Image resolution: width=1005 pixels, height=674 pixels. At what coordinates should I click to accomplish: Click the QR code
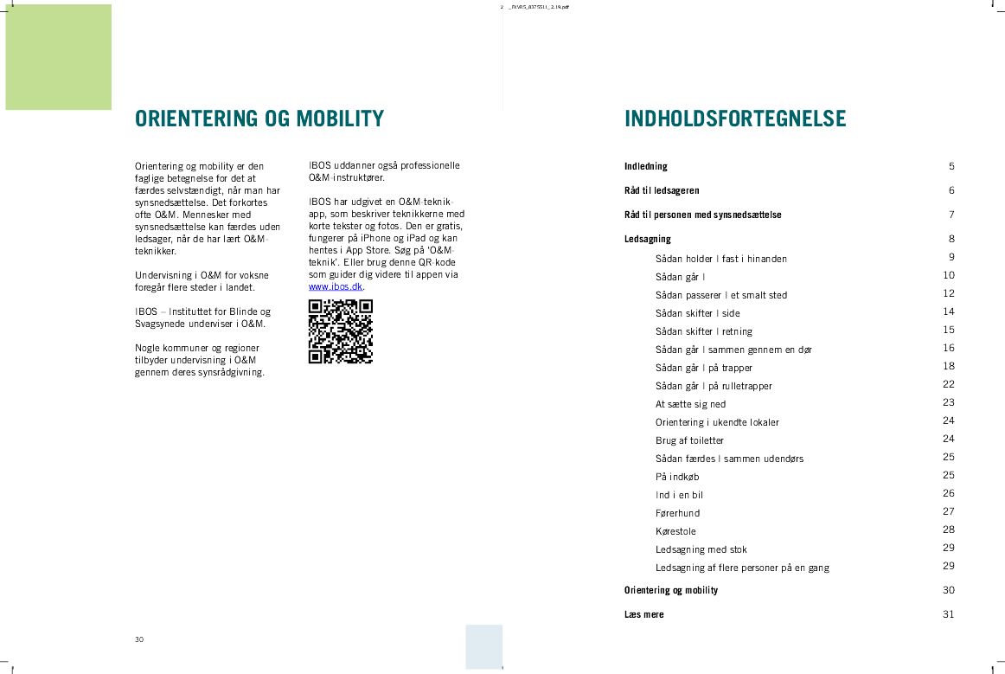[340, 331]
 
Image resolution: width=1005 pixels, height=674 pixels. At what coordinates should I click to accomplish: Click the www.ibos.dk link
[336, 286]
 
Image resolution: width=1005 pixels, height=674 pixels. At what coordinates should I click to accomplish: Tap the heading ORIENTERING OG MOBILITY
[259, 119]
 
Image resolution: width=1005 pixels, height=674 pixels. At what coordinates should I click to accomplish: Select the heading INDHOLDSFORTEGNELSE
[735, 119]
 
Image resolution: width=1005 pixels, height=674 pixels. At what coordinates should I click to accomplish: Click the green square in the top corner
[59, 57]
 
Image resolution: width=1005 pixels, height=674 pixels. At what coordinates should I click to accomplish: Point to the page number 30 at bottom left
[139, 639]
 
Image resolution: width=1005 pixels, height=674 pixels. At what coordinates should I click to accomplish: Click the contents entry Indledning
[646, 166]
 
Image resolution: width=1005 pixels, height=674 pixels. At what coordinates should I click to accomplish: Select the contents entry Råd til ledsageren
[662, 190]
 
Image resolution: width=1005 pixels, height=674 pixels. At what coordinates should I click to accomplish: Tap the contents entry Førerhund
[677, 513]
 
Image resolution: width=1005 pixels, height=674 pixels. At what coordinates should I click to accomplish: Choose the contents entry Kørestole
[675, 531]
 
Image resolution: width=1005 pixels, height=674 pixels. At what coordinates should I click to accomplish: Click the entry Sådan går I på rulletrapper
[714, 386]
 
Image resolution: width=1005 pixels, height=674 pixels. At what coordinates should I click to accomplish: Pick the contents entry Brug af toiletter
[689, 440]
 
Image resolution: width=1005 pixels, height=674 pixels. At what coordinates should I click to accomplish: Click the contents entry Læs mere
[644, 614]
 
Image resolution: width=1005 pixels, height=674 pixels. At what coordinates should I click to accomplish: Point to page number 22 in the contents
[949, 384]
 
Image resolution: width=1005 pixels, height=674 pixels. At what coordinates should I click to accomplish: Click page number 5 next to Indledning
[951, 166]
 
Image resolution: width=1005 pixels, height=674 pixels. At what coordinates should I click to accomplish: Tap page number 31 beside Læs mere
[949, 614]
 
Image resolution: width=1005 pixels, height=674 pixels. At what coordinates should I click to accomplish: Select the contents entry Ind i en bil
[679, 495]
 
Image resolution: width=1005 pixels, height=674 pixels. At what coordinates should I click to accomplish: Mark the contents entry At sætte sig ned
[690, 404]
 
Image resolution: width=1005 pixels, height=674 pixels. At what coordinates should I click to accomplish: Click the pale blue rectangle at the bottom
[483, 646]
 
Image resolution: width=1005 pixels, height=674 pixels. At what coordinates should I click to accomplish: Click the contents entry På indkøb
[677, 477]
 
